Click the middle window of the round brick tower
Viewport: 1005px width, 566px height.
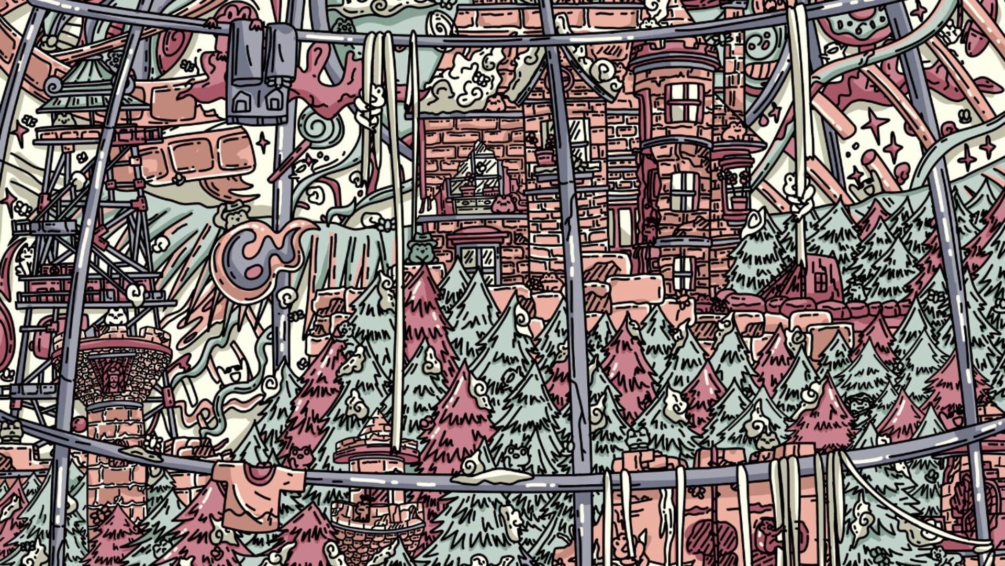[683, 191]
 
